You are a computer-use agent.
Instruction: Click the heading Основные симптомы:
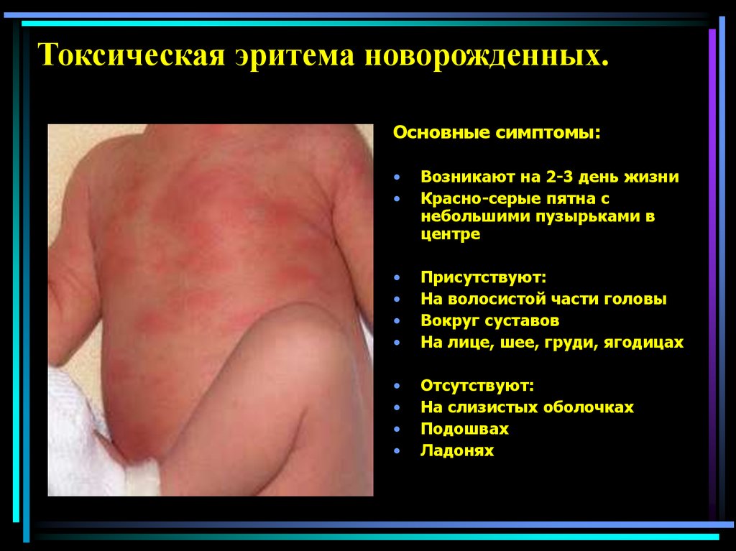pos(496,134)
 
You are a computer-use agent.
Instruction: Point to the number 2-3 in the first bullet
pos(543,177)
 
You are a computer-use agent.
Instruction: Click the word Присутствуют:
pos(479,277)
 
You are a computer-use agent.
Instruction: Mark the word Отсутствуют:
pos(477,385)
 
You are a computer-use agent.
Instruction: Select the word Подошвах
pos(464,429)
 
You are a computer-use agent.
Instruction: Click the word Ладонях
pos(457,451)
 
